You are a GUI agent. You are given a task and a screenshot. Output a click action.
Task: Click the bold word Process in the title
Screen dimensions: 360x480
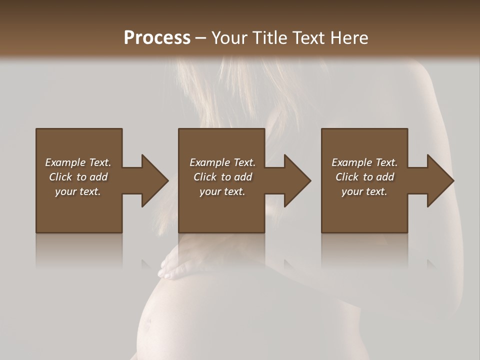click(x=157, y=38)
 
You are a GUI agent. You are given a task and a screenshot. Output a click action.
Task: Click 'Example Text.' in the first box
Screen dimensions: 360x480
click(x=78, y=162)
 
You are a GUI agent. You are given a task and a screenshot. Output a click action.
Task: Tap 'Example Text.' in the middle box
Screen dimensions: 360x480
click(x=222, y=162)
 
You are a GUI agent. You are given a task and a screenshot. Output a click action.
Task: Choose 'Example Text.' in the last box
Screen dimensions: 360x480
click(x=364, y=162)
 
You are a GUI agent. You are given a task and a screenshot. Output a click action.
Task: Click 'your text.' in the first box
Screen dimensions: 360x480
click(x=78, y=191)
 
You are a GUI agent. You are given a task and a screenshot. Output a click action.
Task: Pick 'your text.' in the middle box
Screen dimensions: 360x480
click(x=222, y=191)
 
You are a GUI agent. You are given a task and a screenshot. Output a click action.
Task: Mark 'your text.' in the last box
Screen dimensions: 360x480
click(x=364, y=191)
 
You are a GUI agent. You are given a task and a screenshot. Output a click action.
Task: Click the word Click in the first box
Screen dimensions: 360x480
click(x=60, y=177)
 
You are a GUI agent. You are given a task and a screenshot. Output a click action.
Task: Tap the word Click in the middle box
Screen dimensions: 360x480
click(x=205, y=177)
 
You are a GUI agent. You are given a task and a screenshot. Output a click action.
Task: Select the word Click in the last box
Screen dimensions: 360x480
click(x=347, y=177)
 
